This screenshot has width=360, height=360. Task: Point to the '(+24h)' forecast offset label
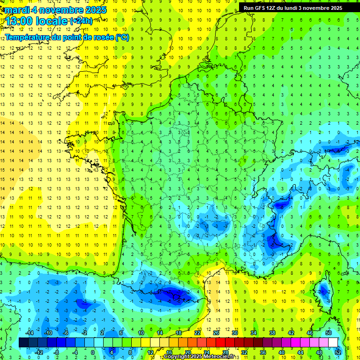81,21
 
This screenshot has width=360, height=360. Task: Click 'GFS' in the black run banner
264,8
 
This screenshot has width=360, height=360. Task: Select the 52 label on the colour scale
338,352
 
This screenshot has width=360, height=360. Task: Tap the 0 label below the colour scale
92,352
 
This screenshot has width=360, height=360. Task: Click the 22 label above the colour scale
197,333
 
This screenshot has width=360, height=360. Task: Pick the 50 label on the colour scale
329,333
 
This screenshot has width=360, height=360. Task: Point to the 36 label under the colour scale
262,352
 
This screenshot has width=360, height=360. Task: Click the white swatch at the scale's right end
333,343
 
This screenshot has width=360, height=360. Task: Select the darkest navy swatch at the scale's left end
23,343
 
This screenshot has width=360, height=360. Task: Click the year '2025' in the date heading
94,10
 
